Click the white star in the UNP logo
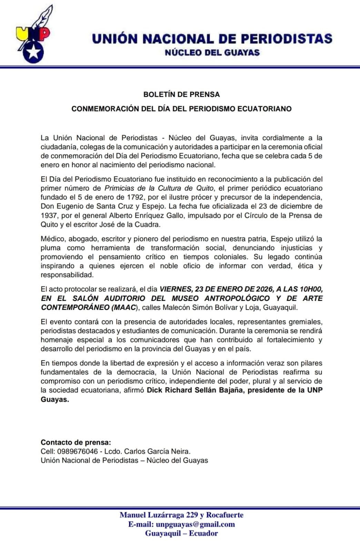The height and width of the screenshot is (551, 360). [x=34, y=52]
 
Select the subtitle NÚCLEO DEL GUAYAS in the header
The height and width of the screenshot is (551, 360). [x=212, y=53]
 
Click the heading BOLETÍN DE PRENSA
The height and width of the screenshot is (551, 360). [x=181, y=94]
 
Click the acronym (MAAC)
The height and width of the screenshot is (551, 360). [x=124, y=307]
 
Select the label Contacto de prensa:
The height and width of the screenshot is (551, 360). [x=76, y=442]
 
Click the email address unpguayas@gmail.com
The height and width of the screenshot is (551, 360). [x=195, y=524]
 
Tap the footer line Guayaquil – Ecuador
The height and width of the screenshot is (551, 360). [x=181, y=533]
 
